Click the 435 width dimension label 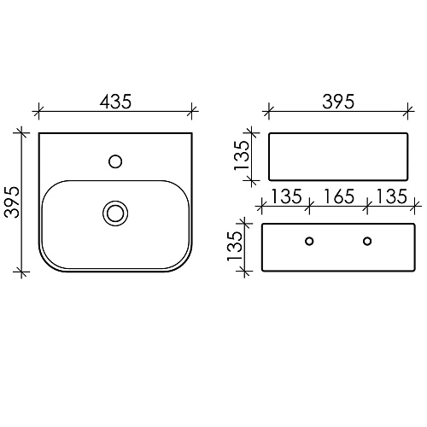click(115, 101)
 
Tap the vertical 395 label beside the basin click(13, 202)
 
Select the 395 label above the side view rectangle click(338, 101)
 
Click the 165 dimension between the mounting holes click(339, 196)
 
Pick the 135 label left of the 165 click(286, 196)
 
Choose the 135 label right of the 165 click(391, 196)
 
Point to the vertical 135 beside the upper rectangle click(242, 155)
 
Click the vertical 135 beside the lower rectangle click(234, 246)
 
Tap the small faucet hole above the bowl click(115, 161)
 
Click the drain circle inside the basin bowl click(115, 213)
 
